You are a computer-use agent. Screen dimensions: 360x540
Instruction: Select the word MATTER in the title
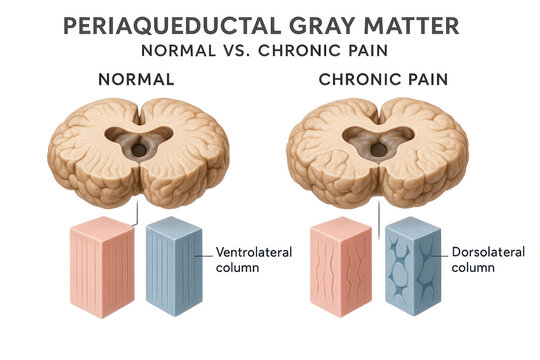[431, 26]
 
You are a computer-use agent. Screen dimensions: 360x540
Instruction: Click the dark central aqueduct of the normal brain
[137, 148]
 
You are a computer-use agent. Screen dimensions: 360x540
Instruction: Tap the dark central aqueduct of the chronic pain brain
[379, 150]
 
